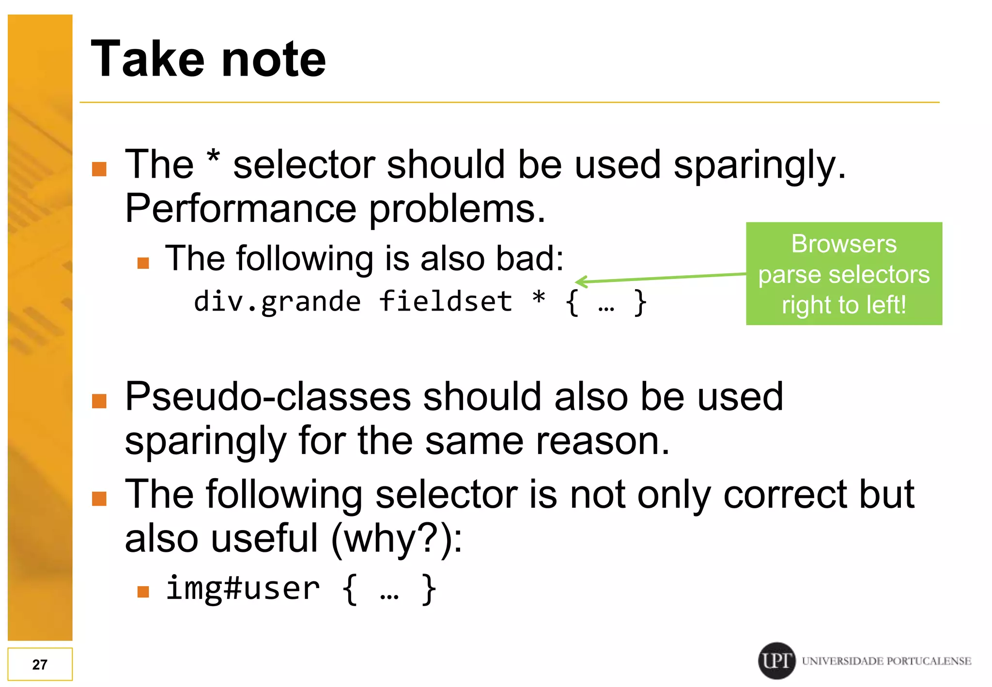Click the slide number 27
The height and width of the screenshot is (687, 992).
[x=40, y=664]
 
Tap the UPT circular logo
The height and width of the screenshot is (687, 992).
[x=776, y=660]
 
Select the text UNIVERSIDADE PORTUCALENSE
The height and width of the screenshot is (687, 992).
[x=886, y=661]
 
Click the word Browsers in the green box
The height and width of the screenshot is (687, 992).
[x=843, y=243]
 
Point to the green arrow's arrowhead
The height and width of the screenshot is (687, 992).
[x=579, y=281]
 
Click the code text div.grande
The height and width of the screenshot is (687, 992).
[x=277, y=302]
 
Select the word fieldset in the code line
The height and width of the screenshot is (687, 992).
[x=445, y=301]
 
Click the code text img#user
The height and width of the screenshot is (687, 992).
[x=243, y=588]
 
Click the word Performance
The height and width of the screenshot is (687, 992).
[x=241, y=208]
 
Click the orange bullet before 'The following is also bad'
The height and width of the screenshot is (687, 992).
[x=143, y=263]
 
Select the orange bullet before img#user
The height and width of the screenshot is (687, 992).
[x=143, y=591]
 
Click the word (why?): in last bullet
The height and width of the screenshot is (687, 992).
[x=397, y=539]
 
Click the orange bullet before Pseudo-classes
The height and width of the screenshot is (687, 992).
[x=99, y=401]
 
